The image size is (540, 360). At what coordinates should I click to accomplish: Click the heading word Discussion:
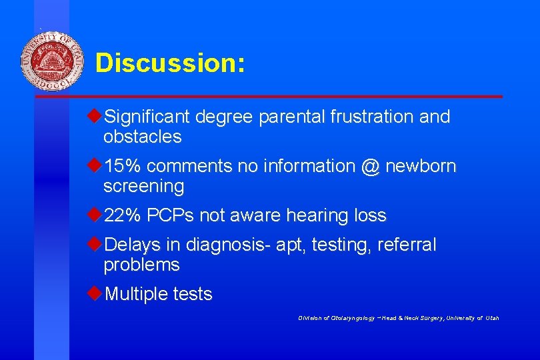[170, 63]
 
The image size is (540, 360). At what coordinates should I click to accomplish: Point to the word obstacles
[142, 137]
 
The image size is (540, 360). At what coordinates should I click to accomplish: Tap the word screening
[143, 187]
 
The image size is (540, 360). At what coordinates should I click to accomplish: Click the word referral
[407, 245]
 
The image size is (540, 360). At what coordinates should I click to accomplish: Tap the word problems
[141, 265]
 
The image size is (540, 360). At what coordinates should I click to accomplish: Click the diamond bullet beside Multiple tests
[95, 293]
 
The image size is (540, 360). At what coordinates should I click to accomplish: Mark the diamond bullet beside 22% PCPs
[95, 215]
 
